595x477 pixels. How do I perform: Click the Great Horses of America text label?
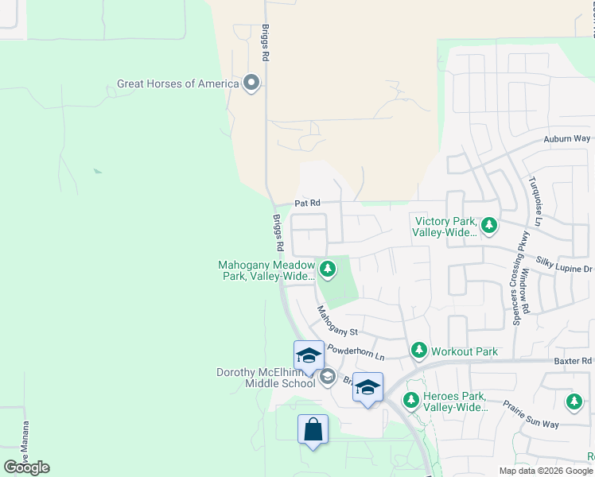coord(177,83)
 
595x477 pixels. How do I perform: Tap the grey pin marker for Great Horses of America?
coord(252,83)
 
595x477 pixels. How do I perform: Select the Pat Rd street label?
coord(306,204)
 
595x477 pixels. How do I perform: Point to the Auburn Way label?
coord(566,138)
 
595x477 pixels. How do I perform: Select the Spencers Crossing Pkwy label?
coord(518,279)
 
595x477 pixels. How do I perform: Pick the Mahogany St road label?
coord(338,320)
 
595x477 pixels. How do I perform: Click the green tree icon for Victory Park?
coord(489,226)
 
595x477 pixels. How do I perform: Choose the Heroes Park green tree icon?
coord(411,401)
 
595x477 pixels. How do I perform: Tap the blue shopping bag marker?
coord(313,429)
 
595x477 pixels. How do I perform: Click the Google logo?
coord(26,467)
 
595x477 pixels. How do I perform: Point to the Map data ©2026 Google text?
coord(545,471)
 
